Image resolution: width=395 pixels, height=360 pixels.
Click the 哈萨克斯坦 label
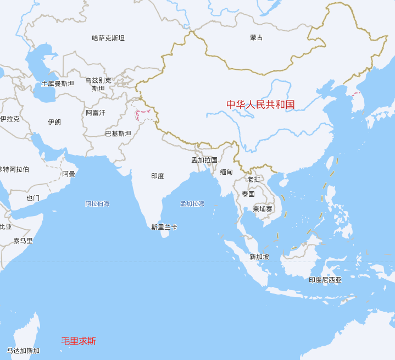click(x=108, y=38)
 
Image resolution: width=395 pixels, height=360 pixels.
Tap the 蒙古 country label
click(x=257, y=38)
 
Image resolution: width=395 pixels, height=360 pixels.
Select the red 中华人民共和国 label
click(x=261, y=104)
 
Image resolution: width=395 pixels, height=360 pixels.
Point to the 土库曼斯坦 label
click(x=58, y=84)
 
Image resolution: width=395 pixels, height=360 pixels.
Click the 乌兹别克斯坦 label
click(x=98, y=84)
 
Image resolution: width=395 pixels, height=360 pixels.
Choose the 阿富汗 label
click(x=96, y=113)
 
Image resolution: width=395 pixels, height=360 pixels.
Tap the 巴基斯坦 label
click(x=118, y=134)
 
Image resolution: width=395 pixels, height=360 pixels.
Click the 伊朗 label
click(x=54, y=122)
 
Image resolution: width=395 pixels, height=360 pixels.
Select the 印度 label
click(x=158, y=176)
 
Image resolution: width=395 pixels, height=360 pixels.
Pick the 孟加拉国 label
click(x=204, y=160)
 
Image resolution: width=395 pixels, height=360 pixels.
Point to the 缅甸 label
click(x=226, y=172)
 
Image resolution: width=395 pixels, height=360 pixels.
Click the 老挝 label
click(x=254, y=179)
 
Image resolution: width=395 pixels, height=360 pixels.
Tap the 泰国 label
click(x=248, y=194)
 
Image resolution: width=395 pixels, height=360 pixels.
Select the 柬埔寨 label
click(x=263, y=209)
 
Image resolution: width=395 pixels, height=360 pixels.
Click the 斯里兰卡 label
click(x=164, y=227)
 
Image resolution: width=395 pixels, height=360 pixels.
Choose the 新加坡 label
click(x=259, y=257)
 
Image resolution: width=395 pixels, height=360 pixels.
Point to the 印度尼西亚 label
click(x=325, y=280)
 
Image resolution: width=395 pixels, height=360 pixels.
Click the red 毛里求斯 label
click(x=79, y=341)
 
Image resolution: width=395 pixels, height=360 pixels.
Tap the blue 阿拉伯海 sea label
click(x=97, y=204)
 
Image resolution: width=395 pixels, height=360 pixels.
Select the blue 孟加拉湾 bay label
click(x=192, y=204)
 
